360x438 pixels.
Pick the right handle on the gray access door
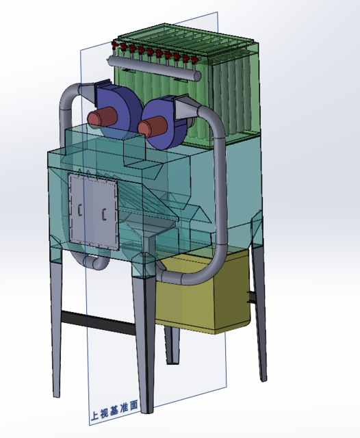click(103, 214)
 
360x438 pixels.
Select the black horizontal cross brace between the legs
click(96, 320)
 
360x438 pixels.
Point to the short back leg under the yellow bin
click(172, 346)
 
